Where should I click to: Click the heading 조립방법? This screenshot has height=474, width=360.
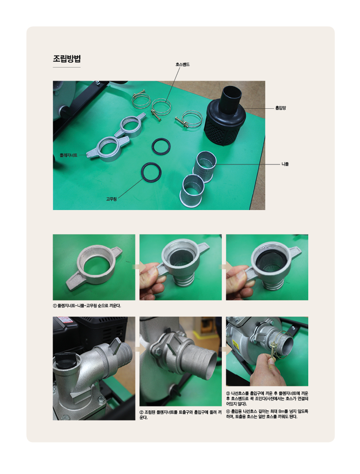click(x=67, y=58)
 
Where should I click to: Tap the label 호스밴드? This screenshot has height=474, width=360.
click(x=182, y=64)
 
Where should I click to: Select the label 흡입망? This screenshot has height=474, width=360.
click(x=281, y=108)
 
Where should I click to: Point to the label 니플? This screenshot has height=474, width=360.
click(x=285, y=164)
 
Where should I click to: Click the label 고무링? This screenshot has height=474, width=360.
click(x=111, y=199)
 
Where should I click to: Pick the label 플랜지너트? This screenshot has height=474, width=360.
click(x=68, y=155)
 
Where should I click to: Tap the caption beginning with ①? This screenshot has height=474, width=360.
click(x=87, y=306)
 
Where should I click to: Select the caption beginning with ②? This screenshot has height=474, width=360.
click(x=181, y=415)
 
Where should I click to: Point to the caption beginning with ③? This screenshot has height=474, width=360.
click(x=267, y=399)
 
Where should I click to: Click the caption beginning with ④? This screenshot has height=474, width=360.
click(x=267, y=414)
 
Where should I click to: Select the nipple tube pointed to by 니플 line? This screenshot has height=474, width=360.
click(x=206, y=166)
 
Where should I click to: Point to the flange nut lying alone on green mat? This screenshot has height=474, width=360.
click(x=94, y=267)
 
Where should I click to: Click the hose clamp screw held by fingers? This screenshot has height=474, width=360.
click(x=273, y=351)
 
